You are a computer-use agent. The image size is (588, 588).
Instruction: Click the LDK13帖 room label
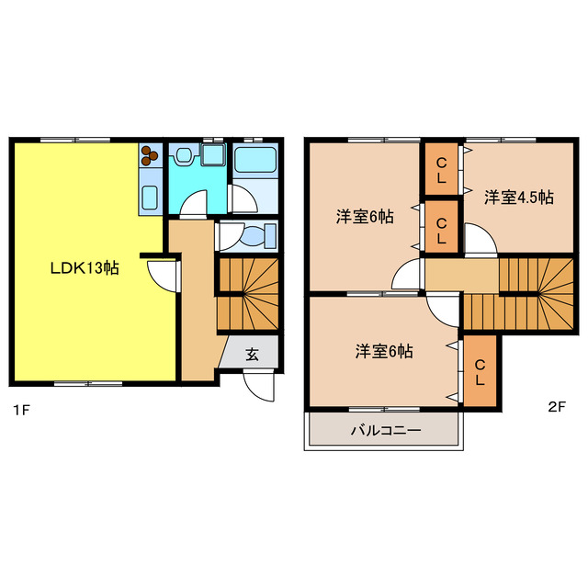pos(84,268)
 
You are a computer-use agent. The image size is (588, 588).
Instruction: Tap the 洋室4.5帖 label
pos(518,197)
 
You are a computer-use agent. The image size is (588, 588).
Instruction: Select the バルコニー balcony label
pos(386,430)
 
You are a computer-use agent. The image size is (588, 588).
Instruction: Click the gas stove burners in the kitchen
pos(150,157)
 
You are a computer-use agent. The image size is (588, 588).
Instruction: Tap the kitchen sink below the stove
pos(150,196)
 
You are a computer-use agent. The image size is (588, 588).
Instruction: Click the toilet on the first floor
pos(257,235)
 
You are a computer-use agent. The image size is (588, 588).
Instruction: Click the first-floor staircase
pos(247,294)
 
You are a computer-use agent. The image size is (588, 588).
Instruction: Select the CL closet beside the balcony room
pos(480,372)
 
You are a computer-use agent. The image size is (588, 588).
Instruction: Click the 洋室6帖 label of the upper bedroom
pos(365,217)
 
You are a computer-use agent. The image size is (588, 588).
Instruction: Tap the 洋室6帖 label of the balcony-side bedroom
pos(384,351)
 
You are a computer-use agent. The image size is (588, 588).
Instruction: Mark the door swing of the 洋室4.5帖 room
pos(480,241)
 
